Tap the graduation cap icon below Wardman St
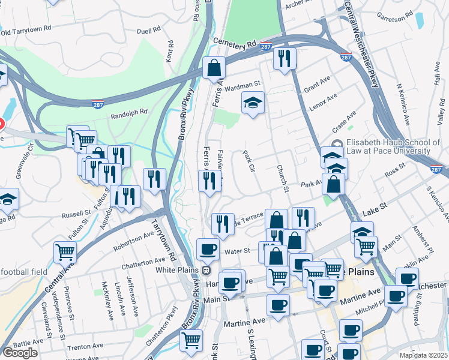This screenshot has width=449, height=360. click(x=253, y=103)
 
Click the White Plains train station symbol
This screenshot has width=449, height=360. click(x=205, y=270)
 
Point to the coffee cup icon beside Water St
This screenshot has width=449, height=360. click(x=208, y=248)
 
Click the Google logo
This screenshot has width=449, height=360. click(x=20, y=353)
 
